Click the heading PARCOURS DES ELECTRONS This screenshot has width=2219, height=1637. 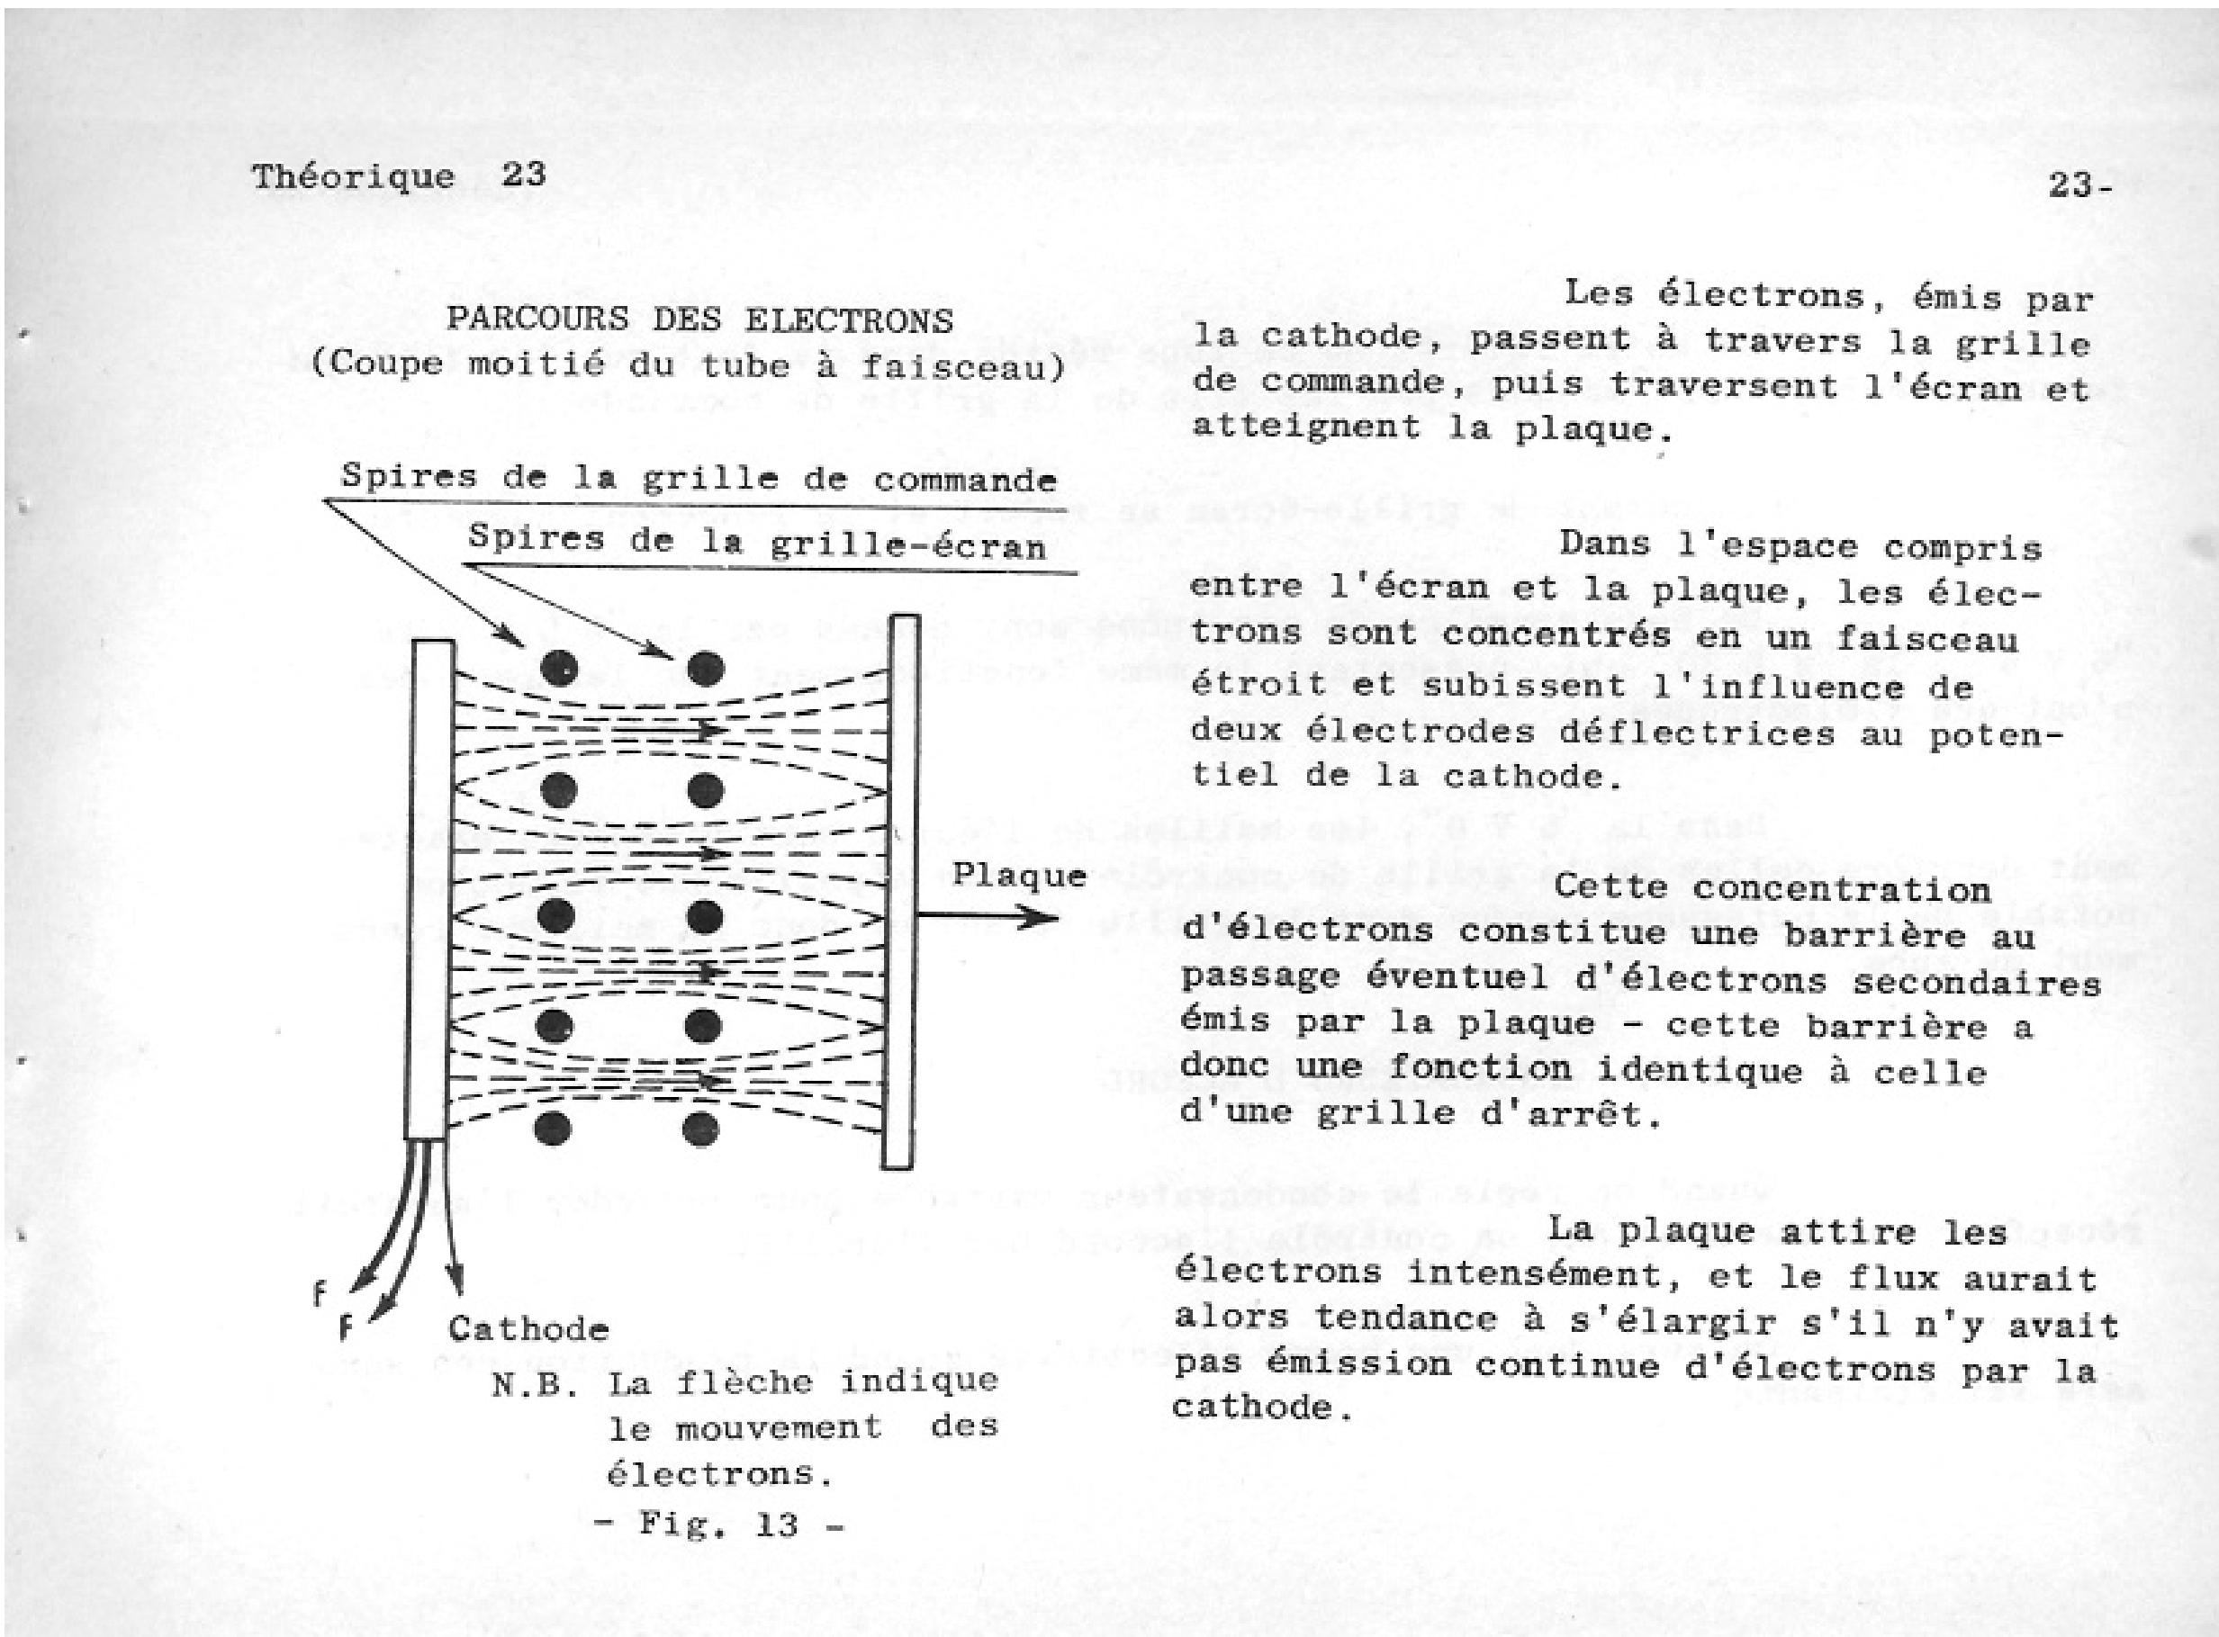point(699,319)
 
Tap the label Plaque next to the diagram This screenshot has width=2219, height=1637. point(1019,875)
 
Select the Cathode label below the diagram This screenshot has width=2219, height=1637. point(528,1327)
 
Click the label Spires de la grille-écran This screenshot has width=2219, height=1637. point(757,542)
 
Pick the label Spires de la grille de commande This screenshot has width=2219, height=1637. point(699,479)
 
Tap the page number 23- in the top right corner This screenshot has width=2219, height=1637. point(2079,184)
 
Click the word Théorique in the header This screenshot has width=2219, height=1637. point(353,177)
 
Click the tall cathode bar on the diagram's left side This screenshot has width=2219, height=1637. point(430,889)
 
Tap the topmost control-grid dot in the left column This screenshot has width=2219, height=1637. point(557,669)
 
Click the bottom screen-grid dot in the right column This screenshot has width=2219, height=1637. point(701,1128)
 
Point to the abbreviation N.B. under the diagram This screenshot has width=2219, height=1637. point(534,1384)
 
